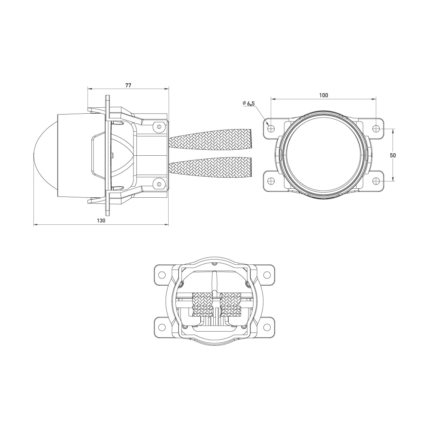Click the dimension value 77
coord(128,85)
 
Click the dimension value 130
coord(101,220)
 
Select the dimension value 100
coord(324,95)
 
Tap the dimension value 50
coord(393,155)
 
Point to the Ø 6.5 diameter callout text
coord(248,103)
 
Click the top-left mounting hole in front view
coord(271,128)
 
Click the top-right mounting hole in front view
coord(376,128)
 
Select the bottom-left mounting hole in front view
coord(271,181)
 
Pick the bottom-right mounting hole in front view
coord(376,181)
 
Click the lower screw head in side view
coord(159,184)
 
